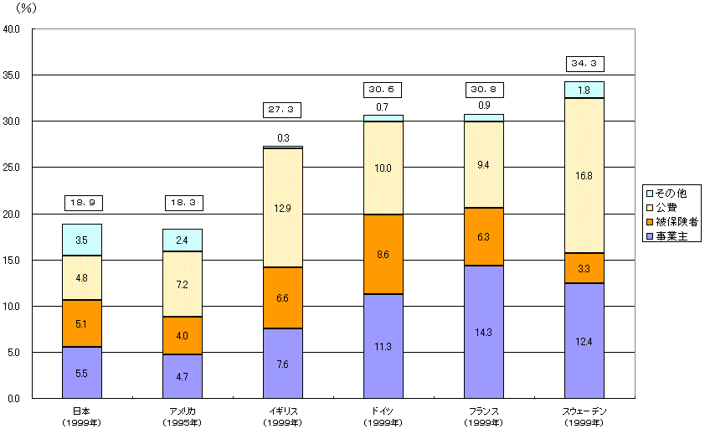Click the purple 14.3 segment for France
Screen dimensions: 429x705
click(484, 331)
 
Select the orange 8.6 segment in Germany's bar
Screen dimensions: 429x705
click(383, 255)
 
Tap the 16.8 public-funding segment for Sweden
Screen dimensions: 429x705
click(584, 176)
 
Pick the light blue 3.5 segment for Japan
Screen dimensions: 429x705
click(82, 240)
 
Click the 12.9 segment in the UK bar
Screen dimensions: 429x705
click(283, 208)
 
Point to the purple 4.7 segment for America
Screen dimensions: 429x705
click(183, 376)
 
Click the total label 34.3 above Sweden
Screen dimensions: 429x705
click(584, 64)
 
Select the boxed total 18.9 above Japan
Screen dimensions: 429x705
click(82, 203)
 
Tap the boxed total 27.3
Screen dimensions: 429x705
click(283, 110)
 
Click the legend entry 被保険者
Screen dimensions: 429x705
click(674, 222)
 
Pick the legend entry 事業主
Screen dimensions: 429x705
click(671, 237)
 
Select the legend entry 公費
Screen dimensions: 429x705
click(666, 208)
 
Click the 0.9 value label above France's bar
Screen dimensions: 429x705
click(484, 106)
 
